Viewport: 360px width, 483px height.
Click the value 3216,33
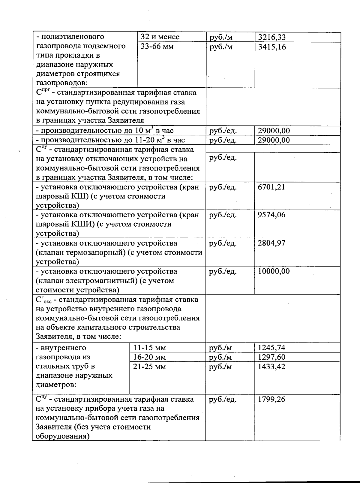272,37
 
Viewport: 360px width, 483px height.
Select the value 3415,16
272,47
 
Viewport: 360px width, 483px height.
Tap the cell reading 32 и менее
160,37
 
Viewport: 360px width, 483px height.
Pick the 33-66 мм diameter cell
157,47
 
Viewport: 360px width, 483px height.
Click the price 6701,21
271,187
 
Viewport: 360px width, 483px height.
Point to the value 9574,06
271,215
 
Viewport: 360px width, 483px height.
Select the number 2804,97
271,243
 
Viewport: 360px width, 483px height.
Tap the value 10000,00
274,271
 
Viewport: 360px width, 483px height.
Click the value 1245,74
271,348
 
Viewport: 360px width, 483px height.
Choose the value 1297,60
271,357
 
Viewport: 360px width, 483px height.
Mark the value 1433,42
271,367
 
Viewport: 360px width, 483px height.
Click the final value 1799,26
271,400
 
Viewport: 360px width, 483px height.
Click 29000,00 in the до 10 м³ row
274,131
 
